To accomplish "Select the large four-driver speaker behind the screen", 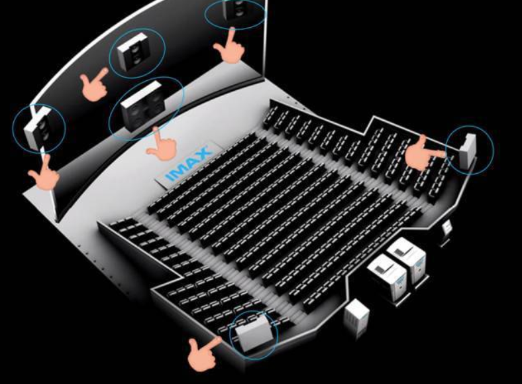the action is [x=142, y=105].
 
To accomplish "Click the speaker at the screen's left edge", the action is [x=38, y=127].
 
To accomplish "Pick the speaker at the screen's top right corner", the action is [x=238, y=9].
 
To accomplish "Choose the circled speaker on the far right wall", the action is [x=468, y=150].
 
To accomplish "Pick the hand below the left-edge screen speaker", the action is [x=45, y=173].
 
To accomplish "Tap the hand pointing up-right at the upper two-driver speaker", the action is [x=95, y=85].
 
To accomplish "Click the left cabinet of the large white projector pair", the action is [x=387, y=278].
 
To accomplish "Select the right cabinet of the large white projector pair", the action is [x=407, y=259].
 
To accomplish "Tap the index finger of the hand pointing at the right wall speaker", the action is [x=435, y=154].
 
